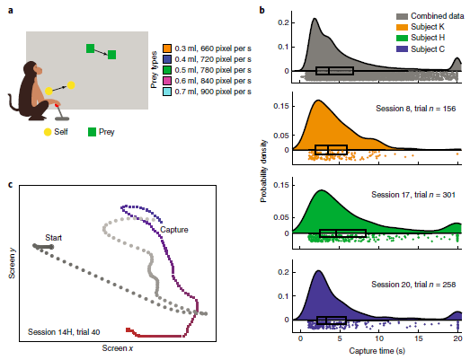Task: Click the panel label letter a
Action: coord(10,10)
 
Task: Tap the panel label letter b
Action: coord(262,10)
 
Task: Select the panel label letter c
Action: coord(10,186)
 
